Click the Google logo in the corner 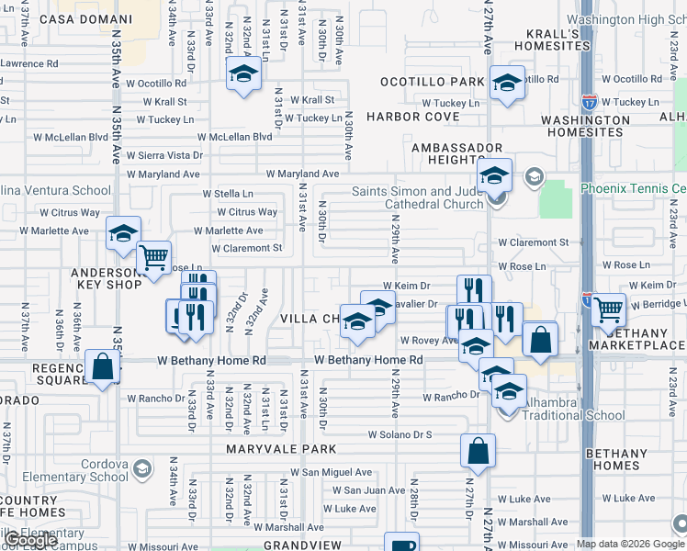[30, 541]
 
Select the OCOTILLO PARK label [433, 82]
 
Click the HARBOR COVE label [413, 117]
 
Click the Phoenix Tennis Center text [634, 188]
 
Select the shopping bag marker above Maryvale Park [478, 450]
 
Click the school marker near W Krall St [242, 74]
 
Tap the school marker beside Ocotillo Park [506, 84]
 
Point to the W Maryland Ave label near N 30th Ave [303, 174]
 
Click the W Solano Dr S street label [400, 434]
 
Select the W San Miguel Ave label [332, 472]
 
